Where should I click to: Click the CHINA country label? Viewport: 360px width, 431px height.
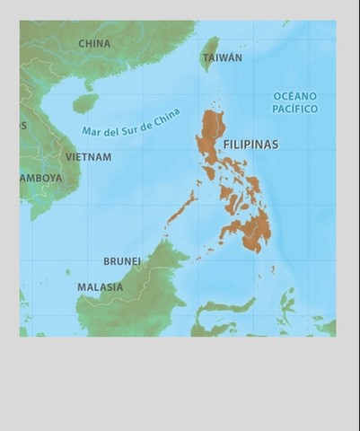[x=94, y=43]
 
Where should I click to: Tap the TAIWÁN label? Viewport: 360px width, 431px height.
[x=222, y=57]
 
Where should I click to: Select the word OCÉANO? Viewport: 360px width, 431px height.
[x=295, y=95]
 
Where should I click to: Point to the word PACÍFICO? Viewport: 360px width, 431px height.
[x=295, y=109]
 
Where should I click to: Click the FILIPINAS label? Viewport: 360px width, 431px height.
[x=250, y=144]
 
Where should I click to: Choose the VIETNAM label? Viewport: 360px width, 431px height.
[x=88, y=157]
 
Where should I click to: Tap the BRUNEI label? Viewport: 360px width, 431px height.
[x=122, y=261]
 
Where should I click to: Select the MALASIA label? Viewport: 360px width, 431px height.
[x=100, y=287]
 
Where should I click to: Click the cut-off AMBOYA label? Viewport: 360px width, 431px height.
[x=41, y=178]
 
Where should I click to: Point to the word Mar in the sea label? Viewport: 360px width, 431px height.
[x=92, y=131]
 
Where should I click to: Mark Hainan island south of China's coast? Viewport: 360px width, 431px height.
[x=84, y=103]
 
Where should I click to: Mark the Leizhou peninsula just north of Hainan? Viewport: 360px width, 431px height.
[x=89, y=85]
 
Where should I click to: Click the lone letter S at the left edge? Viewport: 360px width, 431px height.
[x=23, y=126]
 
